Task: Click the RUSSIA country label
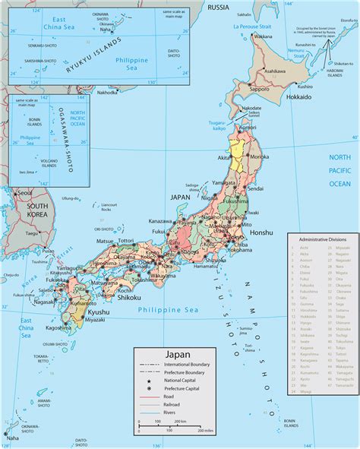tap(218, 8)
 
